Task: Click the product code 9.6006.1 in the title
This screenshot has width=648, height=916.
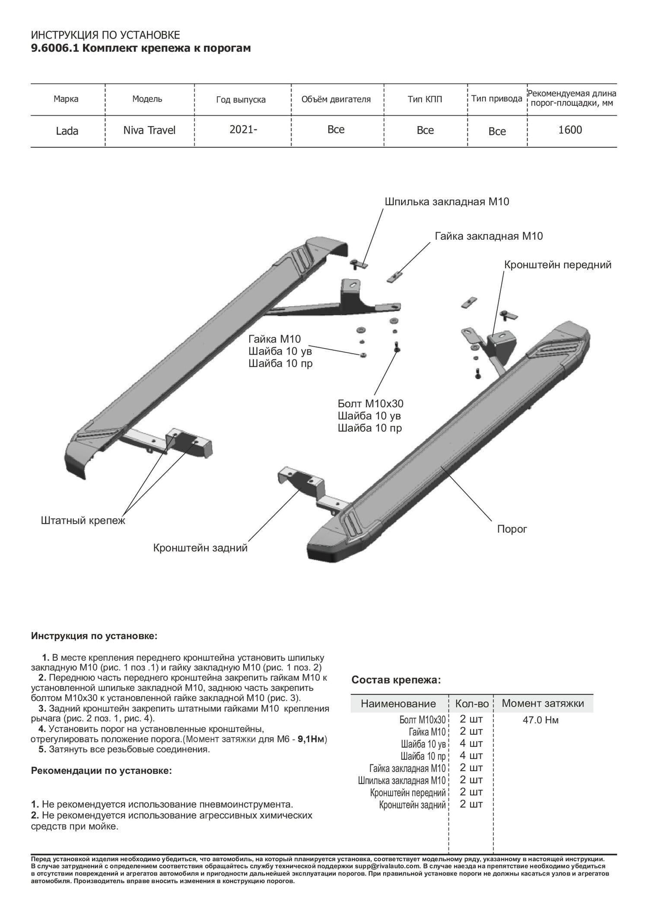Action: coord(55,48)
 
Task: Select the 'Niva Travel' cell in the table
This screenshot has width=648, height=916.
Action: coord(149,130)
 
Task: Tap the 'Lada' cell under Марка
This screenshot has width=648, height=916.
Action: coord(67,131)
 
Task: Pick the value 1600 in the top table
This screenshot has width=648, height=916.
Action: coord(570,130)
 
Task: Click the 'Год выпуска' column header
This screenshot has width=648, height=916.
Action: coord(241,100)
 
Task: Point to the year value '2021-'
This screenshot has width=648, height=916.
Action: coord(243,130)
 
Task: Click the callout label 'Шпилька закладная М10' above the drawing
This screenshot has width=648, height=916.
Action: coord(447,202)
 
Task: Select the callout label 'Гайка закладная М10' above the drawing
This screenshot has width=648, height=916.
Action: coord(489,236)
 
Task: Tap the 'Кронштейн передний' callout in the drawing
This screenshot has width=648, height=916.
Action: coord(558,265)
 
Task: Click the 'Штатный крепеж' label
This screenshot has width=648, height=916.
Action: coord(83,520)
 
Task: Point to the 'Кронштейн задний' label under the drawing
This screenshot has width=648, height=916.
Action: coord(200,548)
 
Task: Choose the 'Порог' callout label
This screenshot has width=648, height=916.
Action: coord(512,529)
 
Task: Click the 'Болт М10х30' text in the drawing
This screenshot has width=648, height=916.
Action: coord(371,404)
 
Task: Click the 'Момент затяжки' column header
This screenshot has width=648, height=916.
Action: coord(543,703)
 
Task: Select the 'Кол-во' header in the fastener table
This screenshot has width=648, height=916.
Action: coord(472,704)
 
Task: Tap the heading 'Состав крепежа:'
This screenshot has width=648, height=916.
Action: coord(396,680)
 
